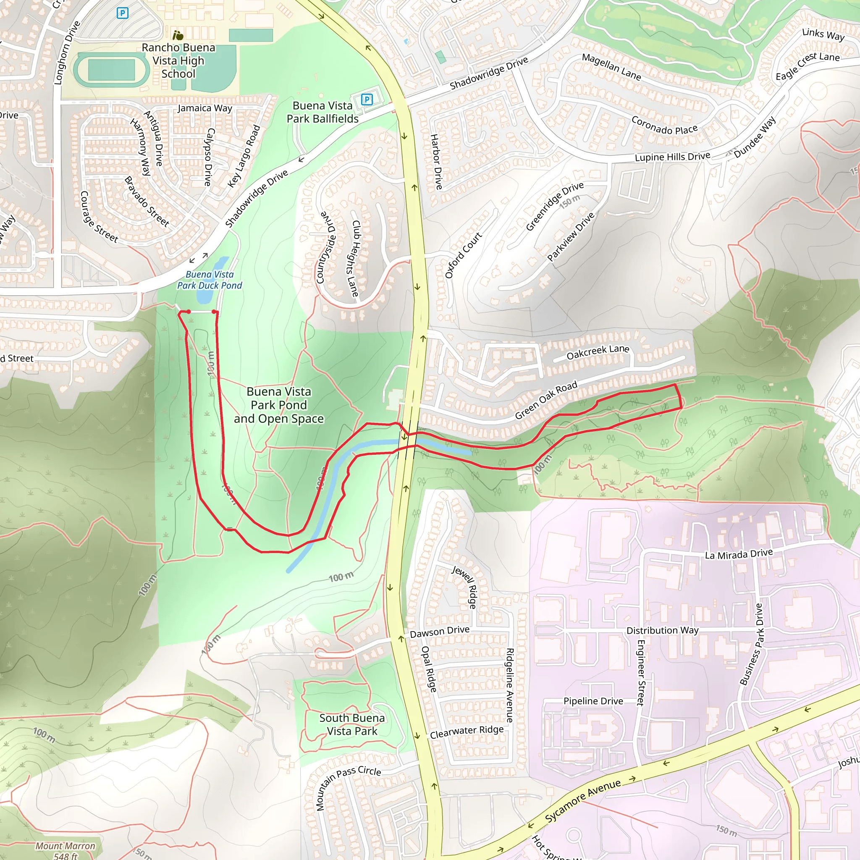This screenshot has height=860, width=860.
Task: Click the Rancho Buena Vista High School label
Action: pyautogui.click(x=178, y=60)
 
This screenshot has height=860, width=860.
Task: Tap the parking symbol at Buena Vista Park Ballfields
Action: pyautogui.click(x=366, y=99)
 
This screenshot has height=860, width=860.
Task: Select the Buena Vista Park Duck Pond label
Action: pyautogui.click(x=209, y=280)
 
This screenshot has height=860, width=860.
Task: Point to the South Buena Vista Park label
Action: pyautogui.click(x=351, y=724)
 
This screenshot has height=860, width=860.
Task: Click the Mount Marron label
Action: pyautogui.click(x=66, y=846)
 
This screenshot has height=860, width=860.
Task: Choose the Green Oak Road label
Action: pyautogui.click(x=546, y=400)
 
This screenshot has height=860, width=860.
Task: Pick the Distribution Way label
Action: pyautogui.click(x=662, y=630)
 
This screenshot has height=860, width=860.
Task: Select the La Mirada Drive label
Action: pyautogui.click(x=739, y=554)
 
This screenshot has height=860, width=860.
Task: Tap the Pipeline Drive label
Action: pyautogui.click(x=593, y=701)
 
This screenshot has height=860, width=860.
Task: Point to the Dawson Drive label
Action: pyautogui.click(x=439, y=632)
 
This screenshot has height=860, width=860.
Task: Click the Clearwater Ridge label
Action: pyautogui.click(x=467, y=732)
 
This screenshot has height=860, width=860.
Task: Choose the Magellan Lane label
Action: pyautogui.click(x=611, y=67)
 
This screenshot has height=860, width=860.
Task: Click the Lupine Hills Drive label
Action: pyautogui.click(x=672, y=157)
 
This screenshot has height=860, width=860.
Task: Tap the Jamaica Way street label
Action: pyautogui.click(x=205, y=108)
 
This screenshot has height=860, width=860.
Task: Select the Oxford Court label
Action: pyautogui.click(x=464, y=255)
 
